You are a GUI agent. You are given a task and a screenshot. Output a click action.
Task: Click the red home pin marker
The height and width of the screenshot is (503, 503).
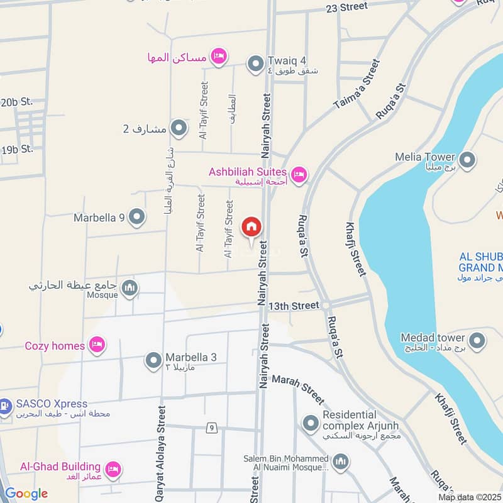tap(251, 226)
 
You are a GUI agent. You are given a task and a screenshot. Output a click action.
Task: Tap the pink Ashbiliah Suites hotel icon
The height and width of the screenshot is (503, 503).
tap(299, 174)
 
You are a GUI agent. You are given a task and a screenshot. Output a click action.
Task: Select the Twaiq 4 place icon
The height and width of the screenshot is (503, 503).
tap(255, 64)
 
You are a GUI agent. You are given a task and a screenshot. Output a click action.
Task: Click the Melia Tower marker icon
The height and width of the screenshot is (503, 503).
tap(467, 160)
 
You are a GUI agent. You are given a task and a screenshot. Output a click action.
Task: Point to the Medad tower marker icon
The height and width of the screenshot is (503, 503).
tap(477, 341)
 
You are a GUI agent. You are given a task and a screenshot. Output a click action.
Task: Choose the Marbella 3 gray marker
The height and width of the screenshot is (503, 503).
tap(153, 361)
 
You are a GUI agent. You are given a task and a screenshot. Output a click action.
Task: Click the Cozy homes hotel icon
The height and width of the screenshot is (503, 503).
tap(97, 345)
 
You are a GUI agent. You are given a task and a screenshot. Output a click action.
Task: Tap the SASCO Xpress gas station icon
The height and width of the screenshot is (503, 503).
tap(4, 406)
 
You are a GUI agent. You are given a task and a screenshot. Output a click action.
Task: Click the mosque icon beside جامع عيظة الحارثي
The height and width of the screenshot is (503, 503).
tap(130, 288)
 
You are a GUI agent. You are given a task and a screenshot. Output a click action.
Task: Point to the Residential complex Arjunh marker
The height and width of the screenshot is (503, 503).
tap(310, 424)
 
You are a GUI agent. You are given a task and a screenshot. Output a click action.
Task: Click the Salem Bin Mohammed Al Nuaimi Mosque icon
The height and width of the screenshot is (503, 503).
tap(341, 463)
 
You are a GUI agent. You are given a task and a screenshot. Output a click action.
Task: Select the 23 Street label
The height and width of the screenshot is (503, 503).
tap(346, 7)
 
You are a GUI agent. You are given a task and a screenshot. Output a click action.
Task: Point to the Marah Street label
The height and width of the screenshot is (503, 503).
tap(298, 390)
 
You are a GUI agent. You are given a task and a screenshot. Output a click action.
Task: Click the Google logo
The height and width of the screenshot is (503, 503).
tap(26, 494)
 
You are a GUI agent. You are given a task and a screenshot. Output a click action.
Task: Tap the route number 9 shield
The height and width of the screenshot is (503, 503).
tap(213, 428)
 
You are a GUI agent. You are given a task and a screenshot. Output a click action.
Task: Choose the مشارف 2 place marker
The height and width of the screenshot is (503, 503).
tap(179, 129)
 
